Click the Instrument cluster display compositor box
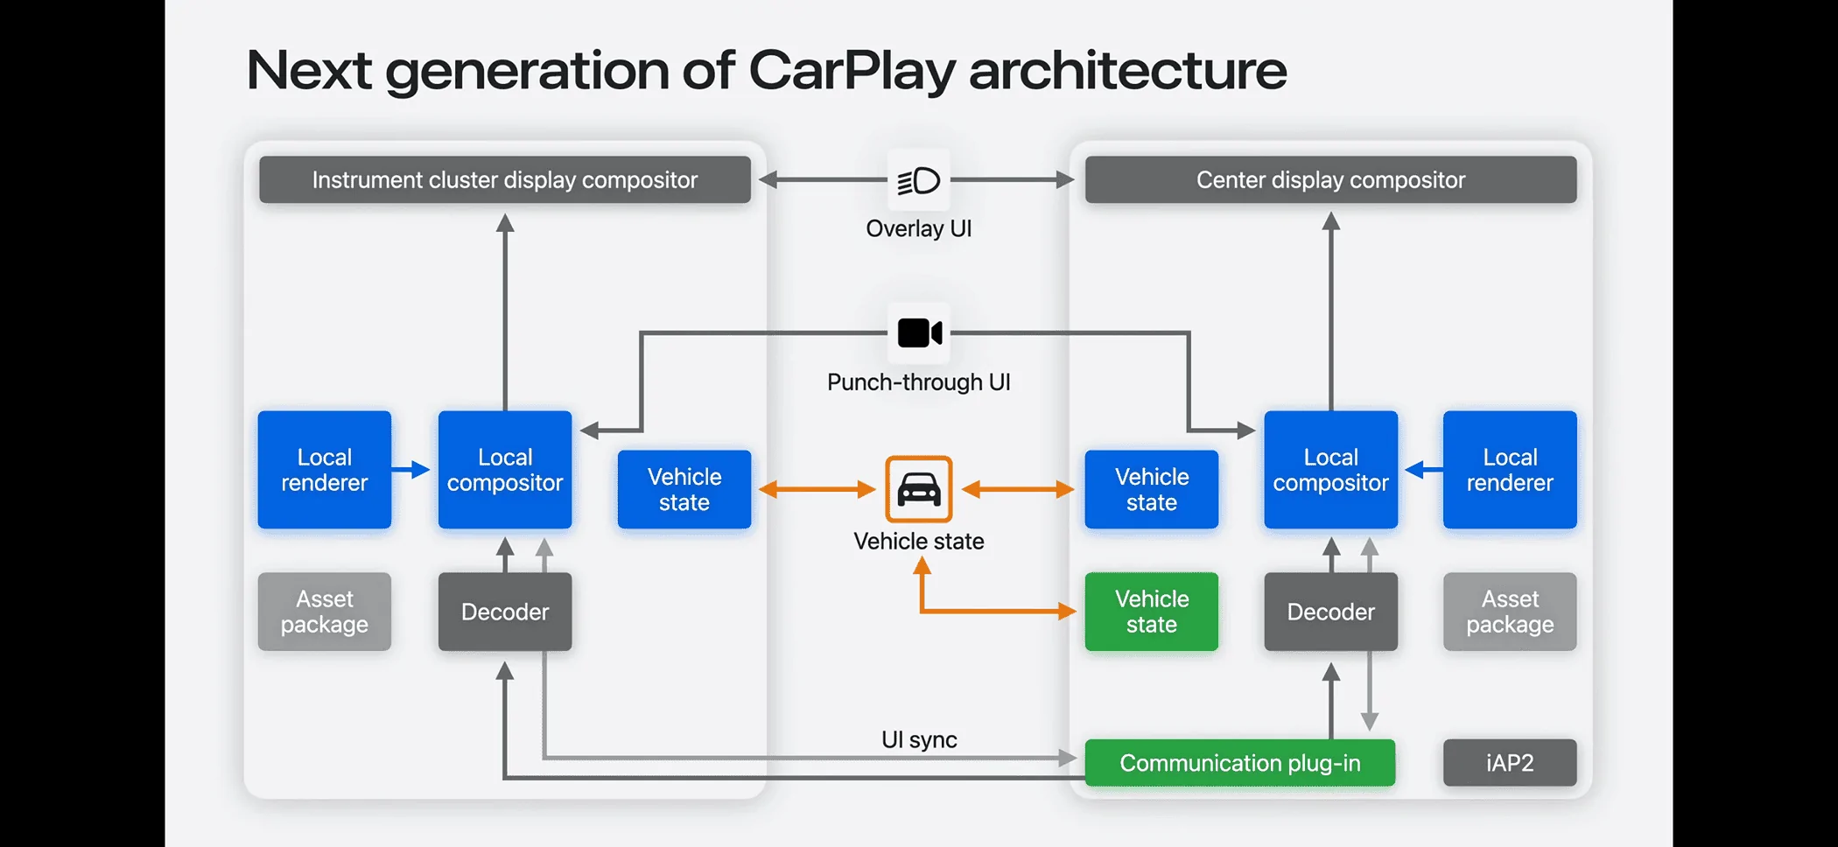505,179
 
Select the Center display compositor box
1330,179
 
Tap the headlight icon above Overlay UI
918,180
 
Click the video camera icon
919,333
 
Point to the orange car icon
918,489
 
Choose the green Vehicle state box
1151,612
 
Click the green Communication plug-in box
1239,763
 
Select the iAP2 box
1510,763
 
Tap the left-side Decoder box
505,612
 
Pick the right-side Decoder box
1330,612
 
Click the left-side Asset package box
325,612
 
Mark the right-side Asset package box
1510,612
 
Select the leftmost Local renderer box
325,470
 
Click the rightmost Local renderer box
1510,470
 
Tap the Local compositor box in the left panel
505,470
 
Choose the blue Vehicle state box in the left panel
684,489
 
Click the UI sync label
919,740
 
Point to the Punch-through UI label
919,382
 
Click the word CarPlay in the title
852,71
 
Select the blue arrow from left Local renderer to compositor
410,470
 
